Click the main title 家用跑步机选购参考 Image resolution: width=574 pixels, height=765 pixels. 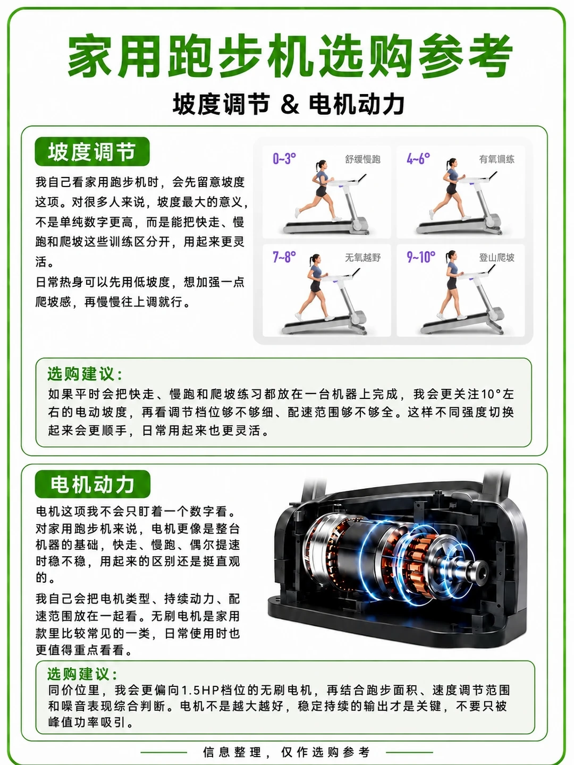[290, 56]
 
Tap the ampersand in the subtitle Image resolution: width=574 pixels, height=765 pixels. [290, 104]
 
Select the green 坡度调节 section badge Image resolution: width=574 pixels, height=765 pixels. [92, 151]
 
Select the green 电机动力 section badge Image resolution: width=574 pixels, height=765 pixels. [92, 484]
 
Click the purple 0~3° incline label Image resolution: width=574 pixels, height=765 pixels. [284, 159]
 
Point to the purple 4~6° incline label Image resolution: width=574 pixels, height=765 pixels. [418, 159]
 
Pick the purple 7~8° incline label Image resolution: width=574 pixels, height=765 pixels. [284, 257]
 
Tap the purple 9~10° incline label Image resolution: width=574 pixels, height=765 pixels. [421, 257]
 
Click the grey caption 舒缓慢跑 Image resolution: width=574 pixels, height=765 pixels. [362, 159]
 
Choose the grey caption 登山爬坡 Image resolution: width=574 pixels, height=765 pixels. [496, 258]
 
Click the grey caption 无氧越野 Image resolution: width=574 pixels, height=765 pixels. [362, 258]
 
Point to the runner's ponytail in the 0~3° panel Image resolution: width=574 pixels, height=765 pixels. [317, 167]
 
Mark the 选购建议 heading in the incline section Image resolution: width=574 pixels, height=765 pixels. [85, 375]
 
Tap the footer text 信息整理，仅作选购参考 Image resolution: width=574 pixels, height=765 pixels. [286, 752]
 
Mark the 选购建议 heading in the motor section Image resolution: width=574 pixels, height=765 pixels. [82, 674]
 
